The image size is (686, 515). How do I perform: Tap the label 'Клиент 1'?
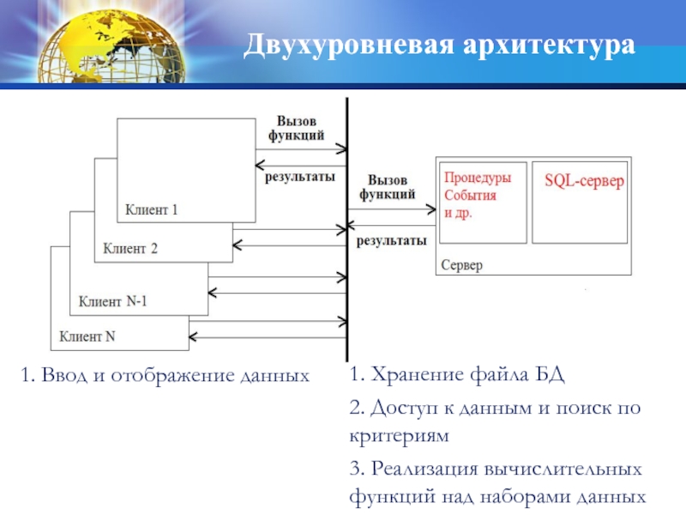[x=152, y=209]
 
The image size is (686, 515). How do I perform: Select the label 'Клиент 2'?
[x=130, y=249]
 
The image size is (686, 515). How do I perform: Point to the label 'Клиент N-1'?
[x=113, y=301]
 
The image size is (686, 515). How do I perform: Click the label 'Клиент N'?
[x=87, y=336]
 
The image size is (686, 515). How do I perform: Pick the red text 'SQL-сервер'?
[x=584, y=182]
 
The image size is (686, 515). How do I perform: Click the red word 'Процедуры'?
[x=477, y=179]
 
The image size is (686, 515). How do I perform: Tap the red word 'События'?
[x=470, y=195]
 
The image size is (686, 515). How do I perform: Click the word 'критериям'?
[x=399, y=436]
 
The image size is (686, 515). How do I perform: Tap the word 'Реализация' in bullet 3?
[x=423, y=470]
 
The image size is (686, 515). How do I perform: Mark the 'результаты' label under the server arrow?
[x=391, y=241]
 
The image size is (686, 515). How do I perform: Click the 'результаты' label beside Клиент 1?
[x=299, y=177]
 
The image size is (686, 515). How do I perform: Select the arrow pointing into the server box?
[x=394, y=208]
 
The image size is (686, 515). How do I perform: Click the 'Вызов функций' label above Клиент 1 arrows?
[x=296, y=128]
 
